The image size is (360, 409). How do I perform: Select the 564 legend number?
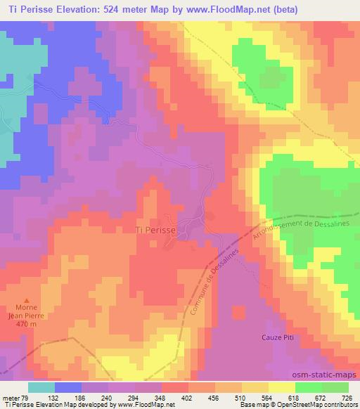(266, 397)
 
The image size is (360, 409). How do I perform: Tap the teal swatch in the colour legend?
(41, 387)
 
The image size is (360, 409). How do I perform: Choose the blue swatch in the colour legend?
(68, 387)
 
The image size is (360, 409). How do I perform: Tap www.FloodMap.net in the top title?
(231, 9)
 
